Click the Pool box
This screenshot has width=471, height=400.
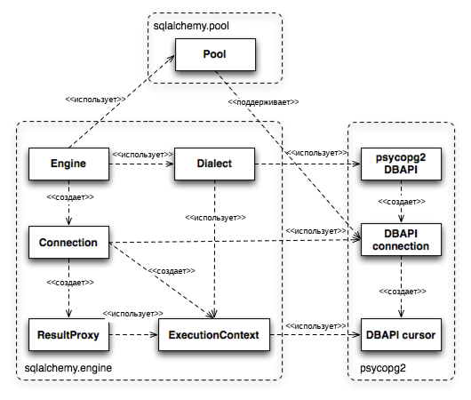click(215, 54)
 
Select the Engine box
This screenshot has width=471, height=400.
click(68, 164)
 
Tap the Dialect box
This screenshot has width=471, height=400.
click(214, 164)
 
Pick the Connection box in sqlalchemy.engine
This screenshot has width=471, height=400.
click(68, 243)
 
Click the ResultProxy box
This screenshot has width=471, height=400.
click(68, 334)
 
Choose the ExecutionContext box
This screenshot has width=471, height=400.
click(214, 334)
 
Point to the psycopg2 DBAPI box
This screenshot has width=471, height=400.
click(401, 164)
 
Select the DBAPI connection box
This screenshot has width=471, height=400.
click(401, 239)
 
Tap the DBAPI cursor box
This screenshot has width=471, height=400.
click(401, 334)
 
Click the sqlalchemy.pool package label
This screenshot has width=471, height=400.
click(191, 26)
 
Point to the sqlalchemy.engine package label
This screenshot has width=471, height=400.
click(68, 367)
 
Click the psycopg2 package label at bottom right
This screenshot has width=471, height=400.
click(383, 368)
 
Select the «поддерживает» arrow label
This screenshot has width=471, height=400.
click(263, 102)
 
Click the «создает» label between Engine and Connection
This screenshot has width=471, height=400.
click(70, 197)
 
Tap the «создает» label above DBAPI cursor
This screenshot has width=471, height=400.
click(403, 292)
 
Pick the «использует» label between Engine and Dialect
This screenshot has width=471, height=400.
click(143, 155)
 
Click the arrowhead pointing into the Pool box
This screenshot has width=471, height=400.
click(172, 58)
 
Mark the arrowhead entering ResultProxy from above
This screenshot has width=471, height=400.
click(68, 313)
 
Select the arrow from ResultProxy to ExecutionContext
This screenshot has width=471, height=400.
click(133, 334)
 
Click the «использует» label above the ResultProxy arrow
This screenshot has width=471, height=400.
click(133, 314)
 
